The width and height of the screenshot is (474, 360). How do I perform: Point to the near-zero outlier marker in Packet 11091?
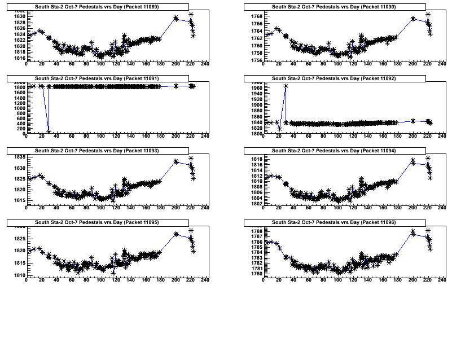click(49, 132)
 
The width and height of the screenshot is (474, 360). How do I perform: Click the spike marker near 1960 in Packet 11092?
click(286, 86)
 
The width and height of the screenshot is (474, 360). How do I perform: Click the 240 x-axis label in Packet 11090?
click(442, 64)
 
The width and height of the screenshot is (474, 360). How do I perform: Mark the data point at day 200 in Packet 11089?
click(175, 18)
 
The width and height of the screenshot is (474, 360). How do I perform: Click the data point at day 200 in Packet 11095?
click(175, 234)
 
